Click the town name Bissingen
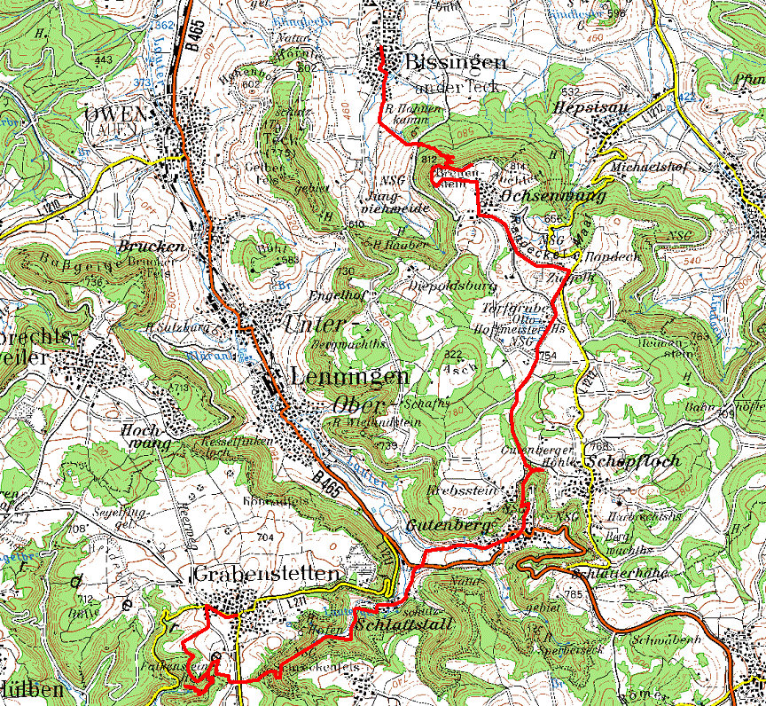point(456,61)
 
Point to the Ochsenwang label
point(553,194)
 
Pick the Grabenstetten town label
point(265,575)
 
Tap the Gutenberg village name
point(449,526)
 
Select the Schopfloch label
point(632,461)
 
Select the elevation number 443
point(103,59)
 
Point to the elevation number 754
point(547,356)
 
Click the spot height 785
point(572,593)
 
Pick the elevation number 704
point(264,537)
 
